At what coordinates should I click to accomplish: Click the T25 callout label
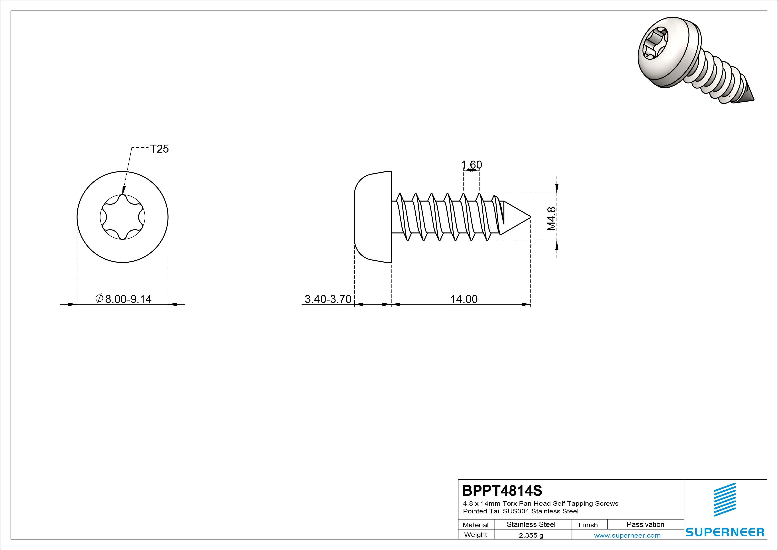pyautogui.click(x=159, y=149)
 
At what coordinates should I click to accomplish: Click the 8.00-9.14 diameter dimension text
pyautogui.click(x=124, y=299)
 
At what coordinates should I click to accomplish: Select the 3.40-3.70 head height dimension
pyautogui.click(x=328, y=299)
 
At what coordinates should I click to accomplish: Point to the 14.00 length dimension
pyautogui.click(x=464, y=299)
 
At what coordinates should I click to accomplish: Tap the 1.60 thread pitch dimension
pyautogui.click(x=471, y=165)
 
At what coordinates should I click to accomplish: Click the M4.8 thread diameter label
pyautogui.click(x=552, y=219)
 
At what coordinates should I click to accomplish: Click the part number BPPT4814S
pyautogui.click(x=502, y=490)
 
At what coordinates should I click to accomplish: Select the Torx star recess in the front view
pyautogui.click(x=123, y=217)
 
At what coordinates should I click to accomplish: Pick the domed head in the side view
pyautogui.click(x=373, y=217)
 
